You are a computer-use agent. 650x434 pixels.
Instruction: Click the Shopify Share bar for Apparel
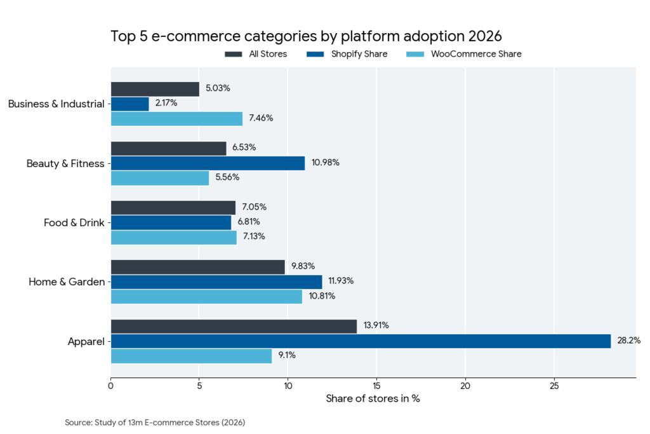(361, 341)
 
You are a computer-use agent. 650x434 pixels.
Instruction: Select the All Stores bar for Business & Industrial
(155, 89)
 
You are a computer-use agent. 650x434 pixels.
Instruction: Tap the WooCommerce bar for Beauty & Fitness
(160, 178)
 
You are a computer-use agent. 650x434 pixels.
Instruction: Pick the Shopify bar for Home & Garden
(216, 281)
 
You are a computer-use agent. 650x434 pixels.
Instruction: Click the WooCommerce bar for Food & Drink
(173, 237)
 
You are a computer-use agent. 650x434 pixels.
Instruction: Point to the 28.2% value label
(628, 341)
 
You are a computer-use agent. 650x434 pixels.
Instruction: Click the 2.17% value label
(166, 103)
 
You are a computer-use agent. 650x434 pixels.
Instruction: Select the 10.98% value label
(325, 163)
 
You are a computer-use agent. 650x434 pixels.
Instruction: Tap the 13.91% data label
(376, 325)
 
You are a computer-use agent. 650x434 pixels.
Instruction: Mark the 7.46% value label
(261, 118)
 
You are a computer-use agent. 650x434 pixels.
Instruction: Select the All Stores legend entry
(256, 54)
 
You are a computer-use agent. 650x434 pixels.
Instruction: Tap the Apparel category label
(86, 341)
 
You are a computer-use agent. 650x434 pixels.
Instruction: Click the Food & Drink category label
(74, 222)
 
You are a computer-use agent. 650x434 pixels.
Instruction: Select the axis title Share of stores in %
(373, 399)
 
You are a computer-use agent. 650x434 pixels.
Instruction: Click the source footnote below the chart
(155, 423)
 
